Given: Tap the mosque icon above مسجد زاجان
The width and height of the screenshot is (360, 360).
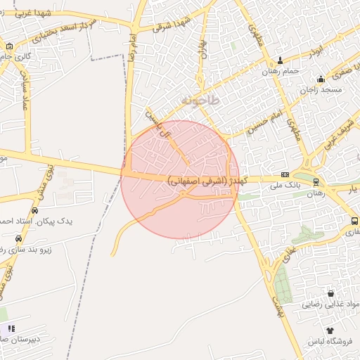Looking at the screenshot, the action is click(x=321, y=79).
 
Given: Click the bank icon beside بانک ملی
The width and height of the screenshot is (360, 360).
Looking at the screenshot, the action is click(x=284, y=175).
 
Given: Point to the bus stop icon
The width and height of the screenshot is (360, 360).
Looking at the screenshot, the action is click(x=354, y=221).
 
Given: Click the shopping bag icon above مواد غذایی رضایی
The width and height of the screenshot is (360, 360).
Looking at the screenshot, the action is click(x=330, y=293).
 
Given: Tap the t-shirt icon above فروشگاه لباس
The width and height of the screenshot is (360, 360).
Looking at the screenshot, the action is click(x=329, y=330).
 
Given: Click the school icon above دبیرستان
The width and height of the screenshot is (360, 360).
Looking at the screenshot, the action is click(x=10, y=328).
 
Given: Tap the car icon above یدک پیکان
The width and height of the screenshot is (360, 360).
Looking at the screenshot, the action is click(x=34, y=210).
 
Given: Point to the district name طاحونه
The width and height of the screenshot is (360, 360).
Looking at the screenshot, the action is click(x=200, y=101).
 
